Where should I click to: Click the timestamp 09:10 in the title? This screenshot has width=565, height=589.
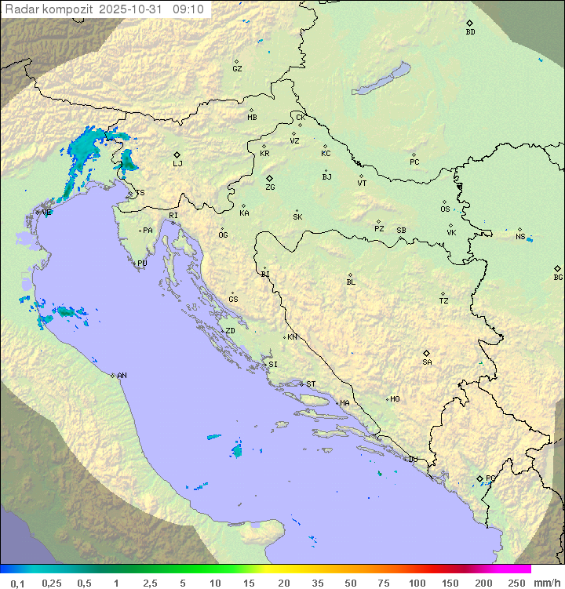(x=188, y=9)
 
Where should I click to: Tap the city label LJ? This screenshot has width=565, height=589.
(x=177, y=164)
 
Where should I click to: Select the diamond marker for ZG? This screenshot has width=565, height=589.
(x=269, y=179)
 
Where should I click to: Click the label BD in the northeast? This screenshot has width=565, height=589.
(x=470, y=32)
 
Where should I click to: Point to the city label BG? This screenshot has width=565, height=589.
(x=558, y=278)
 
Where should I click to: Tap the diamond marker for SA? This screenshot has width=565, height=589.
(x=427, y=353)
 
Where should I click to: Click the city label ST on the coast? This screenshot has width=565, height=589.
(x=311, y=384)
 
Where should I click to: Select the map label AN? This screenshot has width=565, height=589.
(x=122, y=376)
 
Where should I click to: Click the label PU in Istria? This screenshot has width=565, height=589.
(x=142, y=264)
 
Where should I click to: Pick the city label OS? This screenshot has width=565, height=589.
(x=445, y=209)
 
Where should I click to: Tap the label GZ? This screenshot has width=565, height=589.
(x=237, y=69)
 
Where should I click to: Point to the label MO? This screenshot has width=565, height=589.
(x=395, y=399)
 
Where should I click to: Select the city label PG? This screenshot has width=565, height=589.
(x=490, y=478)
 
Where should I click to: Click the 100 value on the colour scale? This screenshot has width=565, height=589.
(x=417, y=583)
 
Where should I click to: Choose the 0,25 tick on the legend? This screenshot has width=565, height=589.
(x=52, y=583)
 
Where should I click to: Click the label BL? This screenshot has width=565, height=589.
(x=351, y=282)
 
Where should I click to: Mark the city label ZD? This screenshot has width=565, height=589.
(x=230, y=331)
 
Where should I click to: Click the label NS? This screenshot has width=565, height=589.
(x=520, y=237)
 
